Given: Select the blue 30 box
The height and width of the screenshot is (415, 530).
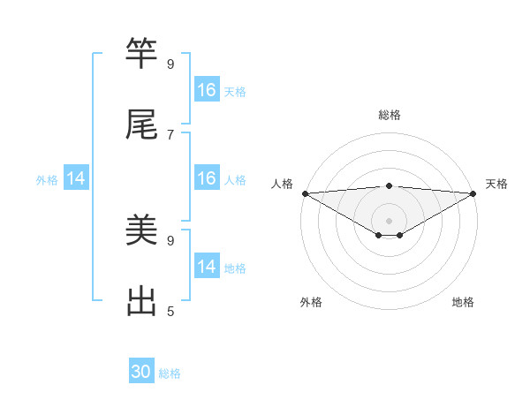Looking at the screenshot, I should click(x=141, y=372).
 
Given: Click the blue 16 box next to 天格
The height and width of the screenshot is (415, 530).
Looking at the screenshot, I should click(x=207, y=90).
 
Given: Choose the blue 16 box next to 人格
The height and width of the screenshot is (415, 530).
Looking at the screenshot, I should click(x=207, y=178).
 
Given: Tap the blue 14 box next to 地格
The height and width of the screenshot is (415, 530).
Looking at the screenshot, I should click(x=207, y=267).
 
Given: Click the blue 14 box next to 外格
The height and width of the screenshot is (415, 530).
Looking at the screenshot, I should click(x=76, y=178).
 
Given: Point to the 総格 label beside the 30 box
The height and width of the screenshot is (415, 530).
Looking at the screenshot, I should click(x=170, y=373).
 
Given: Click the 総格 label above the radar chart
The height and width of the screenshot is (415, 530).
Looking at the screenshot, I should click(x=390, y=115).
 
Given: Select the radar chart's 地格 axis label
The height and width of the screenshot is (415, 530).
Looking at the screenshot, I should click(x=463, y=303).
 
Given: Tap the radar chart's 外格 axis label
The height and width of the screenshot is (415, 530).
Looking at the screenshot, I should click(x=311, y=303).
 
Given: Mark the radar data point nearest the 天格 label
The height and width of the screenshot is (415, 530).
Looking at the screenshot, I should click(x=473, y=193).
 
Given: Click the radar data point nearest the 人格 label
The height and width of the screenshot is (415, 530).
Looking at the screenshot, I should click(x=305, y=193).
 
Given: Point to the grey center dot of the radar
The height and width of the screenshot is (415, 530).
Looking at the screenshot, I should click(x=390, y=220).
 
